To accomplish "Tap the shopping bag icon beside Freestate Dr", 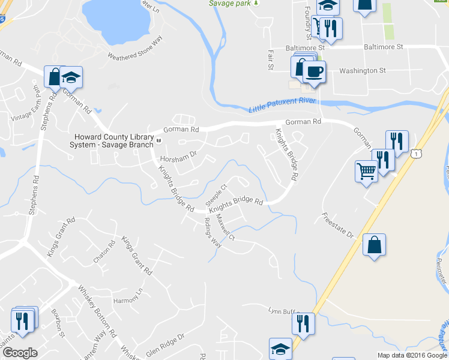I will tap(374, 245).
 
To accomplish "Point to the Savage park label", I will tap(229, 3).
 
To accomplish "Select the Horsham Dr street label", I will tap(179, 155).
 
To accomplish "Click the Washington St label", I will tap(362, 70).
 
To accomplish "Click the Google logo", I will tap(20, 352).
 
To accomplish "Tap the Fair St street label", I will tap(270, 59).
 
